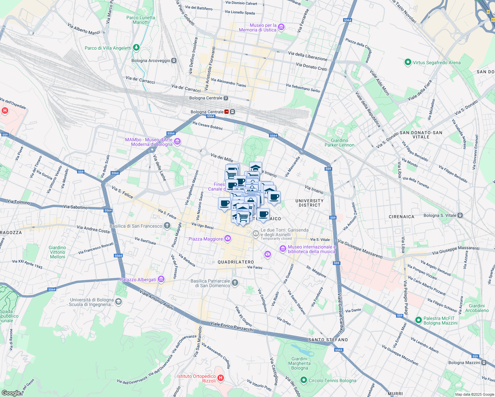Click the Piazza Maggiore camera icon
tap(227, 239)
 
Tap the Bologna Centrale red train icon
tap(227, 112)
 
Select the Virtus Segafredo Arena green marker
tap(408, 62)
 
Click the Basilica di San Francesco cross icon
tap(167, 226)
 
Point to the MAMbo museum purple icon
tap(177, 142)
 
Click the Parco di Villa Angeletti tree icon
tap(136, 48)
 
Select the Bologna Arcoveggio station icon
tap(174, 61)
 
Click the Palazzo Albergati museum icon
tap(161, 280)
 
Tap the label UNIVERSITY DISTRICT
tap(309, 203)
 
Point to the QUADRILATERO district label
tap(236, 262)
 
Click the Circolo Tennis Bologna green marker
tap(304, 380)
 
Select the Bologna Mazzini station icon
tap(484, 363)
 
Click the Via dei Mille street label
tap(222, 157)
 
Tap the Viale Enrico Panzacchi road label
tap(232, 327)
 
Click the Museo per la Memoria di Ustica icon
tap(281, 27)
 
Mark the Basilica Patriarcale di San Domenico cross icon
tap(235, 283)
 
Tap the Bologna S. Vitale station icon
tap(460, 215)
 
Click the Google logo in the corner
tap(11, 393)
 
